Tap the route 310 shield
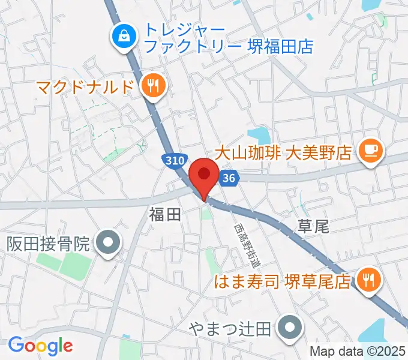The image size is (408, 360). tap(173, 160)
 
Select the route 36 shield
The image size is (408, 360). tap(228, 178)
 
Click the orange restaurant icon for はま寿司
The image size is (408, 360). tap(368, 280)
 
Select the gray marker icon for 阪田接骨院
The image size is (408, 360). tap(109, 244)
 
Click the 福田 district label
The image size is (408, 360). tap(164, 215)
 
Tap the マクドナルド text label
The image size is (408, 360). tap(83, 87)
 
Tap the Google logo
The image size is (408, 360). tap(40, 345)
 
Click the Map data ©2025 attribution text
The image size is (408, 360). tap(358, 352)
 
